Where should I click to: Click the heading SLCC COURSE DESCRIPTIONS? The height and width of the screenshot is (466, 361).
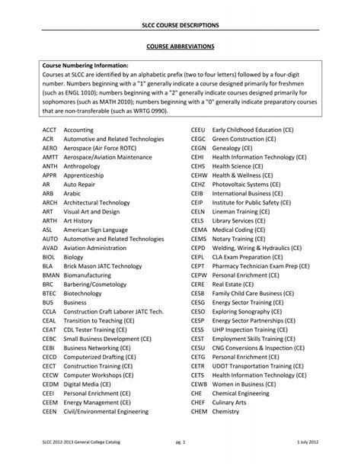click(180, 26)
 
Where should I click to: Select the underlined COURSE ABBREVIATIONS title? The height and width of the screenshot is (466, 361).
click(180, 47)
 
